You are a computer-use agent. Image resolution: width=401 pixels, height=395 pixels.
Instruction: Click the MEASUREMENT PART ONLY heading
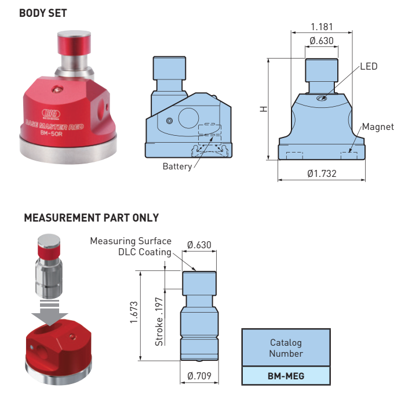click(x=91, y=218)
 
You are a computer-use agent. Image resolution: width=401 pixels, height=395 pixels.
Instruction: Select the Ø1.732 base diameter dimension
click(x=322, y=173)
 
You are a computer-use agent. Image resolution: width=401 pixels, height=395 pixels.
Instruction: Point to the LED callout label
click(x=369, y=66)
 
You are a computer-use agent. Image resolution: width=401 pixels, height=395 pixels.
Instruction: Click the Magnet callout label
click(x=378, y=126)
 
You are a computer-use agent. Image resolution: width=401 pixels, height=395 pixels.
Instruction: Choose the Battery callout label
click(x=177, y=166)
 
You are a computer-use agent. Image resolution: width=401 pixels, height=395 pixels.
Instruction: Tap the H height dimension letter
click(x=264, y=108)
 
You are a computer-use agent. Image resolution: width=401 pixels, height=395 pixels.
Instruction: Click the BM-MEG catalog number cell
click(x=286, y=376)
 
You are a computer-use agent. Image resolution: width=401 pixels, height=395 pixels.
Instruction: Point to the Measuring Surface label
click(x=130, y=241)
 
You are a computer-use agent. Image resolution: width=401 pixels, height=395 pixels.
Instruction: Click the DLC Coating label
click(x=144, y=252)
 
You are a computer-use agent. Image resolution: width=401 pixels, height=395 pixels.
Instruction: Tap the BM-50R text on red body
click(x=52, y=132)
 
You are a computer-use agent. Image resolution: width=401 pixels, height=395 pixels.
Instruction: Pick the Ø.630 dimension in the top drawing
click(x=322, y=41)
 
